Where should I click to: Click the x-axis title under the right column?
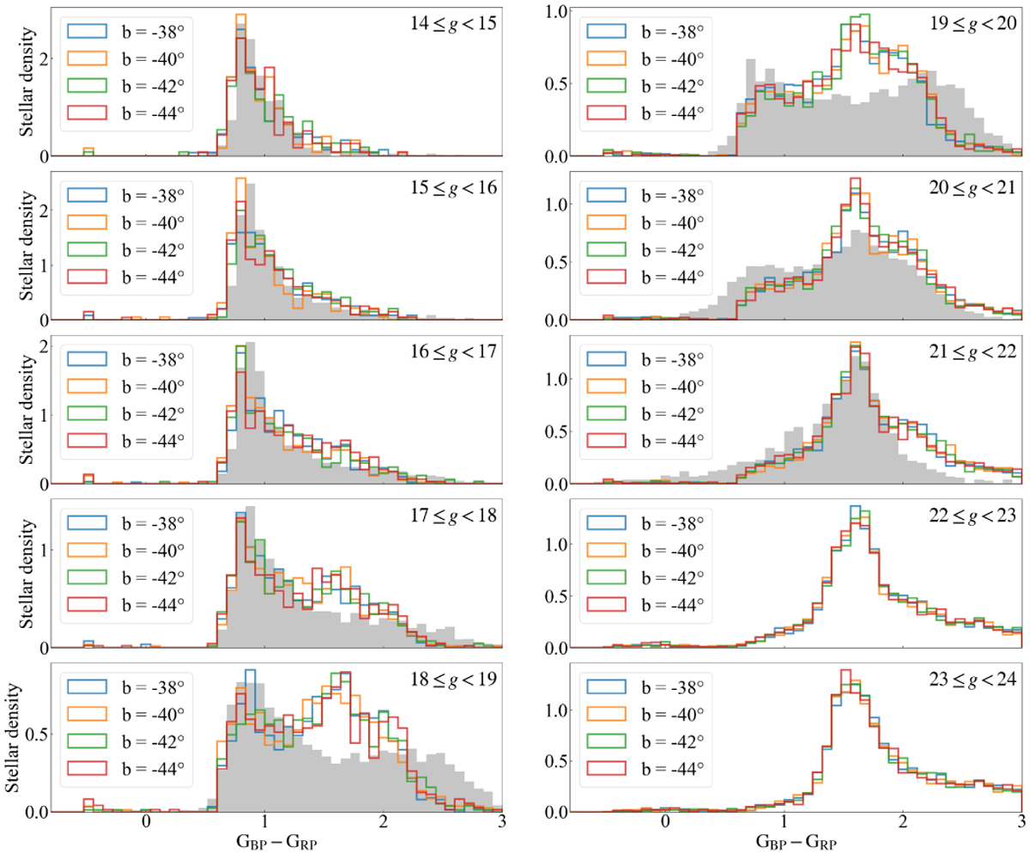(781, 842)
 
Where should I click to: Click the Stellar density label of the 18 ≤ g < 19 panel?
(15, 735)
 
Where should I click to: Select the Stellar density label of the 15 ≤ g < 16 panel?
(15, 245)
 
